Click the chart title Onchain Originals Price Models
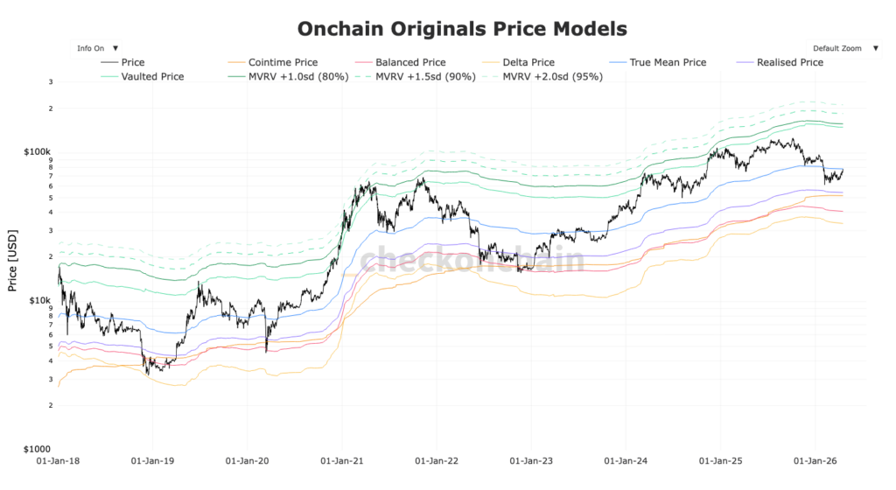[462, 29]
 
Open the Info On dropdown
[97, 48]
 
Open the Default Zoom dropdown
[842, 48]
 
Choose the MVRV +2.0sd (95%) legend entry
[552, 76]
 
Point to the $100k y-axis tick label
[38, 151]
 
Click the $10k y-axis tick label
[40, 300]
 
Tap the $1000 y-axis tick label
[38, 448]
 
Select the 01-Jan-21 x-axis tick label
[342, 458]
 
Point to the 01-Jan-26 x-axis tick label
[815, 458]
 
